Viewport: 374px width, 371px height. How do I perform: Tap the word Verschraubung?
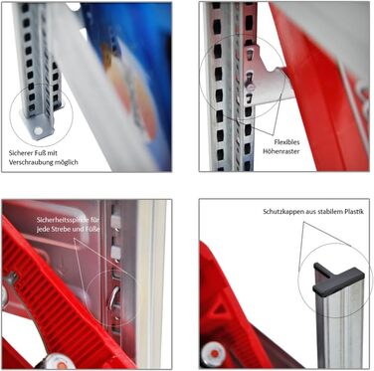[x=28, y=162]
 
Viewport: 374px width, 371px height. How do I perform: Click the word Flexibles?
[x=286, y=142]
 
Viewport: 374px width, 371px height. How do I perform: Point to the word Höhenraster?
[x=281, y=151]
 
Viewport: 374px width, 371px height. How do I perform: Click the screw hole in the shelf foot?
[x=38, y=131]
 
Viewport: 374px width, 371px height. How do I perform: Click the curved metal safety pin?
[x=113, y=298]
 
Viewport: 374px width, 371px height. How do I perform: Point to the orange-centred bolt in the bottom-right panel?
[x=214, y=353]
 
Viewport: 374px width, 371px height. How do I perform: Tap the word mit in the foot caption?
[x=52, y=153]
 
